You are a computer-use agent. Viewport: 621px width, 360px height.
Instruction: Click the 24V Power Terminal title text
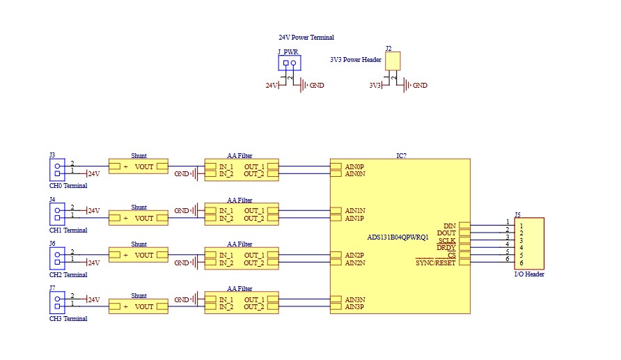[x=306, y=38]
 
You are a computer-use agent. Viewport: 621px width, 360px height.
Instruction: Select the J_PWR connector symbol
[x=290, y=63]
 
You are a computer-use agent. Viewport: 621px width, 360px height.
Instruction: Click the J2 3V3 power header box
[x=393, y=61]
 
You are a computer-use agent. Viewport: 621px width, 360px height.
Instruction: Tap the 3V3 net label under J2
[x=375, y=86]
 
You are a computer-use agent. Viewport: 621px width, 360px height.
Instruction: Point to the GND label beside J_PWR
[x=317, y=86]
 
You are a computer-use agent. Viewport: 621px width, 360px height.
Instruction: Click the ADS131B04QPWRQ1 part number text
[x=398, y=237]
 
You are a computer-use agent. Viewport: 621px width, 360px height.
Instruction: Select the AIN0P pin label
[x=355, y=166]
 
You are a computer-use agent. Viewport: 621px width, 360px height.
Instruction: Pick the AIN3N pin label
[x=355, y=299]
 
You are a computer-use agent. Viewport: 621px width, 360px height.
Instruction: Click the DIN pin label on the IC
[x=449, y=226]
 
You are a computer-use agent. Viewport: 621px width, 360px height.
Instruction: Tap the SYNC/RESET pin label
[x=436, y=263]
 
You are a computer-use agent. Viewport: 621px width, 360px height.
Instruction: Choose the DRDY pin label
[x=446, y=248]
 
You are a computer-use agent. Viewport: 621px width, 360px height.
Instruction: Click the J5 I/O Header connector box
[x=529, y=244]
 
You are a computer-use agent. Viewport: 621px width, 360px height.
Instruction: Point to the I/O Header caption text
[x=529, y=274]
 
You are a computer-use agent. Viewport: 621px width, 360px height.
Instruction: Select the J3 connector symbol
[x=57, y=169]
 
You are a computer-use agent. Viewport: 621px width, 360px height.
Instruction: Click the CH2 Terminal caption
[x=68, y=274]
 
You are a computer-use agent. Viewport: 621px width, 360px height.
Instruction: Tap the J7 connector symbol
[x=57, y=302]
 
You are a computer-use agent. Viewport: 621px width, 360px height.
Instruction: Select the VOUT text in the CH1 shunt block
[x=144, y=218]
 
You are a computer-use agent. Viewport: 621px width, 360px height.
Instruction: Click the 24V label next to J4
[x=93, y=210]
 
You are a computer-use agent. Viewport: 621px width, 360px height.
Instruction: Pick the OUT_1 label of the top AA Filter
[x=253, y=166]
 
